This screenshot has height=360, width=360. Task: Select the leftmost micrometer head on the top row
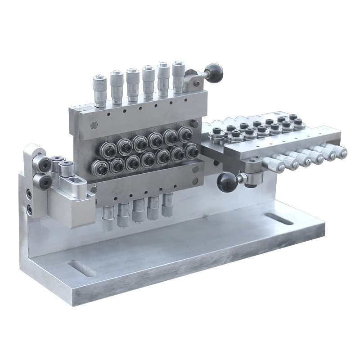click(99, 90)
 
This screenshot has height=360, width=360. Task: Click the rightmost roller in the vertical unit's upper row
click(184, 134)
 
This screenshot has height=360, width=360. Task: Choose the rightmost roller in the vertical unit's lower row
click(191, 151)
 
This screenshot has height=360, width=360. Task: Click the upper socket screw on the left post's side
click(28, 194)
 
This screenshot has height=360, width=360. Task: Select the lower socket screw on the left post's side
click(28, 208)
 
